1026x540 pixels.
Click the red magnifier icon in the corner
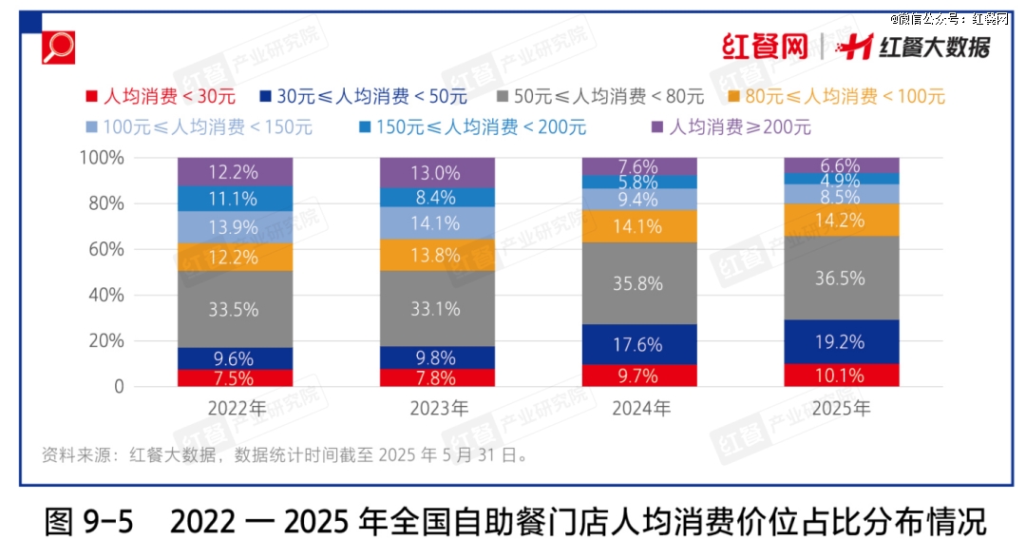[x=59, y=47]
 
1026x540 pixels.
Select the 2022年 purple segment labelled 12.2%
[x=235, y=172]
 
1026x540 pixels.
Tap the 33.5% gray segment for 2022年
[x=235, y=309]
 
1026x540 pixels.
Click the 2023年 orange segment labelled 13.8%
[x=437, y=254]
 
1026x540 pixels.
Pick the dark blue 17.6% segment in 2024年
[x=638, y=344]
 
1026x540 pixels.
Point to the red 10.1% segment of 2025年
[x=841, y=376]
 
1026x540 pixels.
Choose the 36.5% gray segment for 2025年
[x=841, y=278]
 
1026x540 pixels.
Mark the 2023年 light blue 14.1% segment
[x=437, y=223]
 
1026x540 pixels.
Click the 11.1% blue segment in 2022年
[x=235, y=198]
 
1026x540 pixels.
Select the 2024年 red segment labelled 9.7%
[x=638, y=376]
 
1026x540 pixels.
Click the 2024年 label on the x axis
[x=638, y=410]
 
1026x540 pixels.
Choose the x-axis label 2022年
[x=235, y=410]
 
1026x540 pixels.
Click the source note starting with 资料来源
[x=285, y=455]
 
